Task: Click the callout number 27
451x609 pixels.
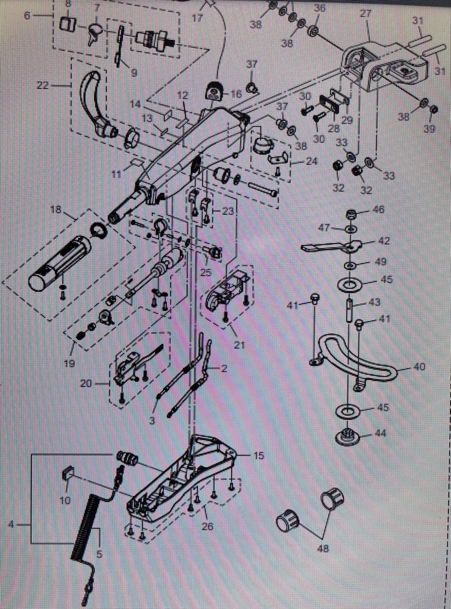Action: (x=365, y=14)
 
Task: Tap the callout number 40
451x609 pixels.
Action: (x=419, y=367)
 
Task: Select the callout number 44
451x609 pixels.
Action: (x=381, y=434)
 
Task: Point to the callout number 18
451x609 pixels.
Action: (x=56, y=209)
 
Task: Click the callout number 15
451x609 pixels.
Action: (x=258, y=456)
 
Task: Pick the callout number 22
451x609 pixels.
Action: (x=43, y=86)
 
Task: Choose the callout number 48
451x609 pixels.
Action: (x=323, y=549)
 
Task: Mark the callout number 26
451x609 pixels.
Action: (x=208, y=527)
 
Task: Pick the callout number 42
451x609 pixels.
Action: (x=384, y=241)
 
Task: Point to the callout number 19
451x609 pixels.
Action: (x=69, y=363)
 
